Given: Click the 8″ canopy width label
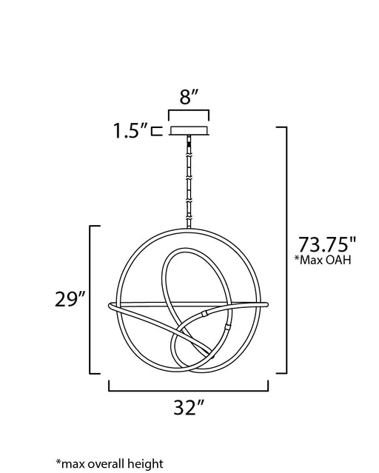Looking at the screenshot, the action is [189, 97].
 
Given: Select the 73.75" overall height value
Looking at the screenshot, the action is [327, 244].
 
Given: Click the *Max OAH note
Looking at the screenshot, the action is [323, 260].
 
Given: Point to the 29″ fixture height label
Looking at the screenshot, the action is [70, 299].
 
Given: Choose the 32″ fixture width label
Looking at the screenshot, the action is [189, 408].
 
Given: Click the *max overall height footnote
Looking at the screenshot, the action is [110, 463].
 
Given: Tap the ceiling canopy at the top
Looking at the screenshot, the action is [189, 130].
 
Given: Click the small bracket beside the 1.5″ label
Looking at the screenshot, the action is [157, 131].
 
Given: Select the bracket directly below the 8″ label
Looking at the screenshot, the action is [189, 111].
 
